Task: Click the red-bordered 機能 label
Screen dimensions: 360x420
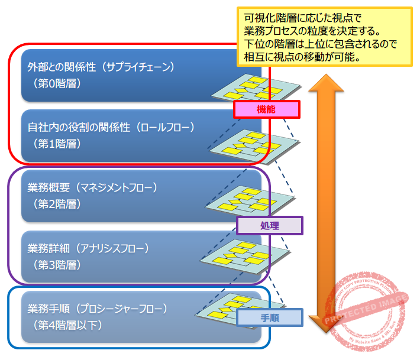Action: coord(266,109)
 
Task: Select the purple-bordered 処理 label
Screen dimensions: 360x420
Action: coord(269,225)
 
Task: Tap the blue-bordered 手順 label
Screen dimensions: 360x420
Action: coord(269,318)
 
